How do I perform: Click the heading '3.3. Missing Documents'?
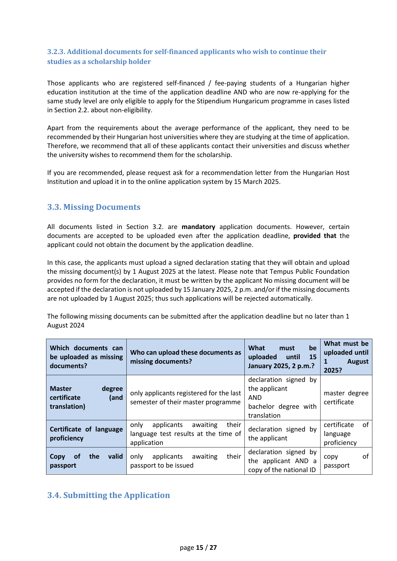tap(94, 207)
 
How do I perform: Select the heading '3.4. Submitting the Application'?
tap(108, 495)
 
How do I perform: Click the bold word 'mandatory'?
tap(198, 227)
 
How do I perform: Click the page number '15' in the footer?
tap(200, 548)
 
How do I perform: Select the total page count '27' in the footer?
tap(213, 548)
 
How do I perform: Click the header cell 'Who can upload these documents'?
tap(186, 357)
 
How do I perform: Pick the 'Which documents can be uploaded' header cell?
tap(86, 357)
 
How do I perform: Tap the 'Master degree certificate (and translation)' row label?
tap(86, 398)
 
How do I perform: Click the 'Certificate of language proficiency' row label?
tap(86, 434)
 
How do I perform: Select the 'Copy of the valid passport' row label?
tap(86, 461)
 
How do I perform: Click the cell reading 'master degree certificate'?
tap(346, 398)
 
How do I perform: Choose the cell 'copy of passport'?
tap(346, 461)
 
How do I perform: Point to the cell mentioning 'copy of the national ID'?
tap(282, 461)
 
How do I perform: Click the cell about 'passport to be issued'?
tap(186, 461)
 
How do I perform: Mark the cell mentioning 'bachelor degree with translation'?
tap(282, 398)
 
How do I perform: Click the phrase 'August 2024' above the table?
tap(66, 325)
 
